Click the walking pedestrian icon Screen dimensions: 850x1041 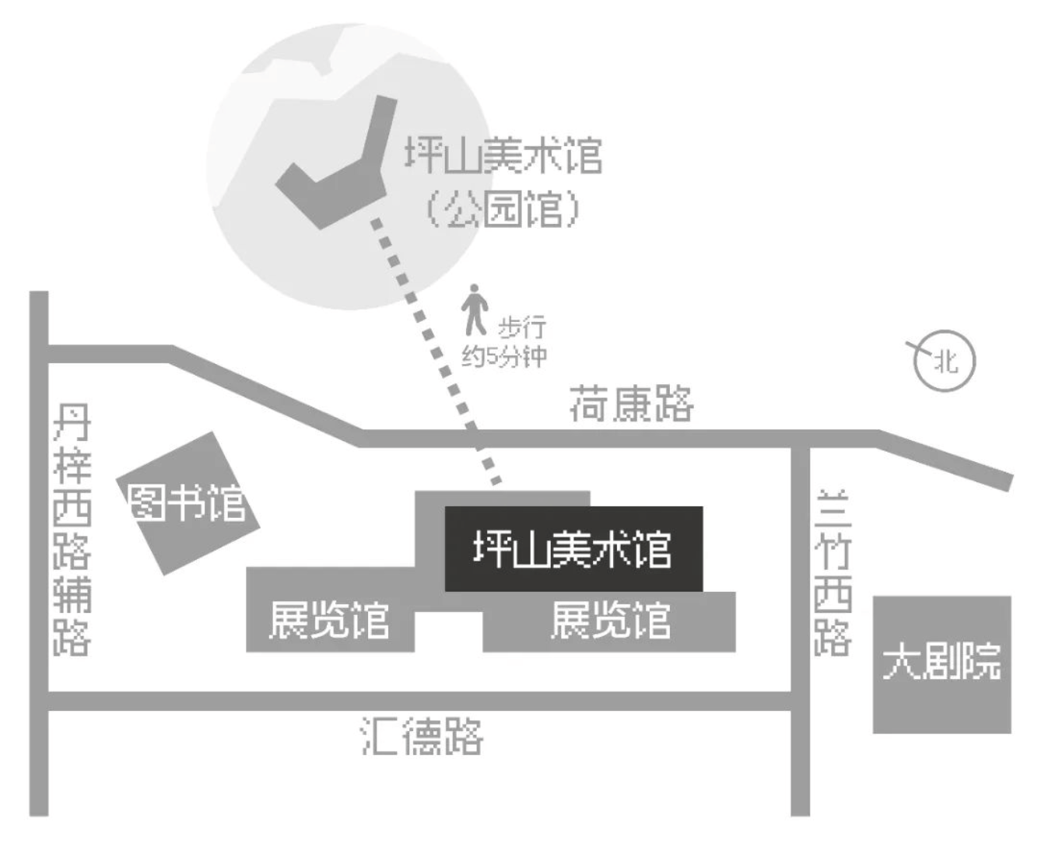pos(473,310)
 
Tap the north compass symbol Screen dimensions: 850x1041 pos(943,360)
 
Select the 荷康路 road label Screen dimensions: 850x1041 pos(631,403)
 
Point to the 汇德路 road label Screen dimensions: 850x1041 pos(422,735)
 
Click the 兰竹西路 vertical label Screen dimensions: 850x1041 pos(832,573)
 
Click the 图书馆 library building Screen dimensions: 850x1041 pos(188,503)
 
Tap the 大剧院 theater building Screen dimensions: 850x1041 pos(941,664)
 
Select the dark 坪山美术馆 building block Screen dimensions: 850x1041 pos(573,549)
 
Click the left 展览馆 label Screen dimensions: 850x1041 pos(329,621)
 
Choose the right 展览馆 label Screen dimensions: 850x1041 pos(610,621)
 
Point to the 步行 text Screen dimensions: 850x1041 pos(521,327)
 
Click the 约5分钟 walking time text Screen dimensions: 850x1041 pos(504,356)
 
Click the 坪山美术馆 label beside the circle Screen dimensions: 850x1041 pos(503,156)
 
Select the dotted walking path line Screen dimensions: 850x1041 pos(436,350)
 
